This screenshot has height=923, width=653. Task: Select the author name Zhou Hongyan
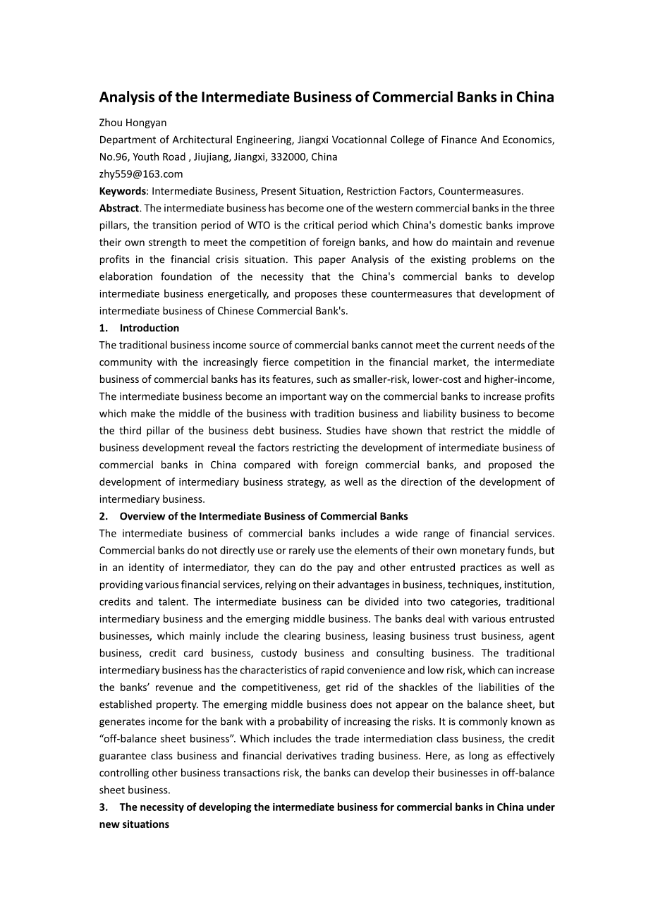click(133, 123)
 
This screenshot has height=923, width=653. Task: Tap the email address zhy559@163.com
click(140, 174)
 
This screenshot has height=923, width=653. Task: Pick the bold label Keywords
click(122, 191)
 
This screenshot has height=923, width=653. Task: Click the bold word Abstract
click(118, 208)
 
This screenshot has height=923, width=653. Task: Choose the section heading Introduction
click(149, 328)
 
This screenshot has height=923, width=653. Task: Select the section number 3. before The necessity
click(104, 807)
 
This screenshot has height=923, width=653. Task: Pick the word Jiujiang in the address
click(211, 157)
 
